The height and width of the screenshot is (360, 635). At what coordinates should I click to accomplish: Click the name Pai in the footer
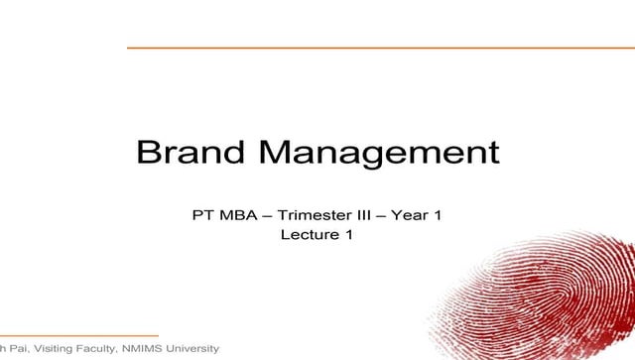coord(18,350)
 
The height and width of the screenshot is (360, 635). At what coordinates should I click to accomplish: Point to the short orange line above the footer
coord(79,335)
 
